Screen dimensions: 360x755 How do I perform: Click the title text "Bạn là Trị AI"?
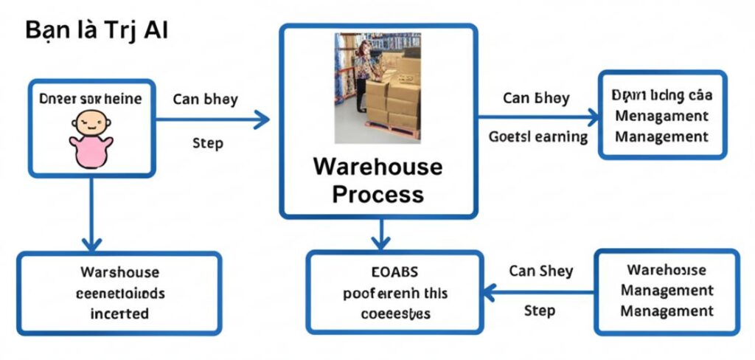97,32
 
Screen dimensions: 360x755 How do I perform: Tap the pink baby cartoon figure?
91,138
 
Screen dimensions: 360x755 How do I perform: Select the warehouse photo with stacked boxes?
377,87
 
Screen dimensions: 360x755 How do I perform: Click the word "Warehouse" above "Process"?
377,166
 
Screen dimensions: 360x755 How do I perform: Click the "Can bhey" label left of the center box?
205,99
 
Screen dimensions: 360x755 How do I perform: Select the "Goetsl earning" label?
538,136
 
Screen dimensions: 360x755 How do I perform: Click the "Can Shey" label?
540,271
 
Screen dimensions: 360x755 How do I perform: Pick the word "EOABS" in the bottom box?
394,271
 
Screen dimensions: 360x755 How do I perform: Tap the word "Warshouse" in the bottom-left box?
119,272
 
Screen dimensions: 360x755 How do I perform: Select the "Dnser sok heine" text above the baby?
91,97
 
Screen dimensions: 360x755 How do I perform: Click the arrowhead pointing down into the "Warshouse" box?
91,243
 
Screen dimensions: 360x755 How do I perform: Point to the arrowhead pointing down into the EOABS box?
380,242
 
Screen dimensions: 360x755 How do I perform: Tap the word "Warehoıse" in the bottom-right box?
667,270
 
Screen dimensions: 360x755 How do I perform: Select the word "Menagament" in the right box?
661,117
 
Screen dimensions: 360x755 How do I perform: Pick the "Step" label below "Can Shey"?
540,310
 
